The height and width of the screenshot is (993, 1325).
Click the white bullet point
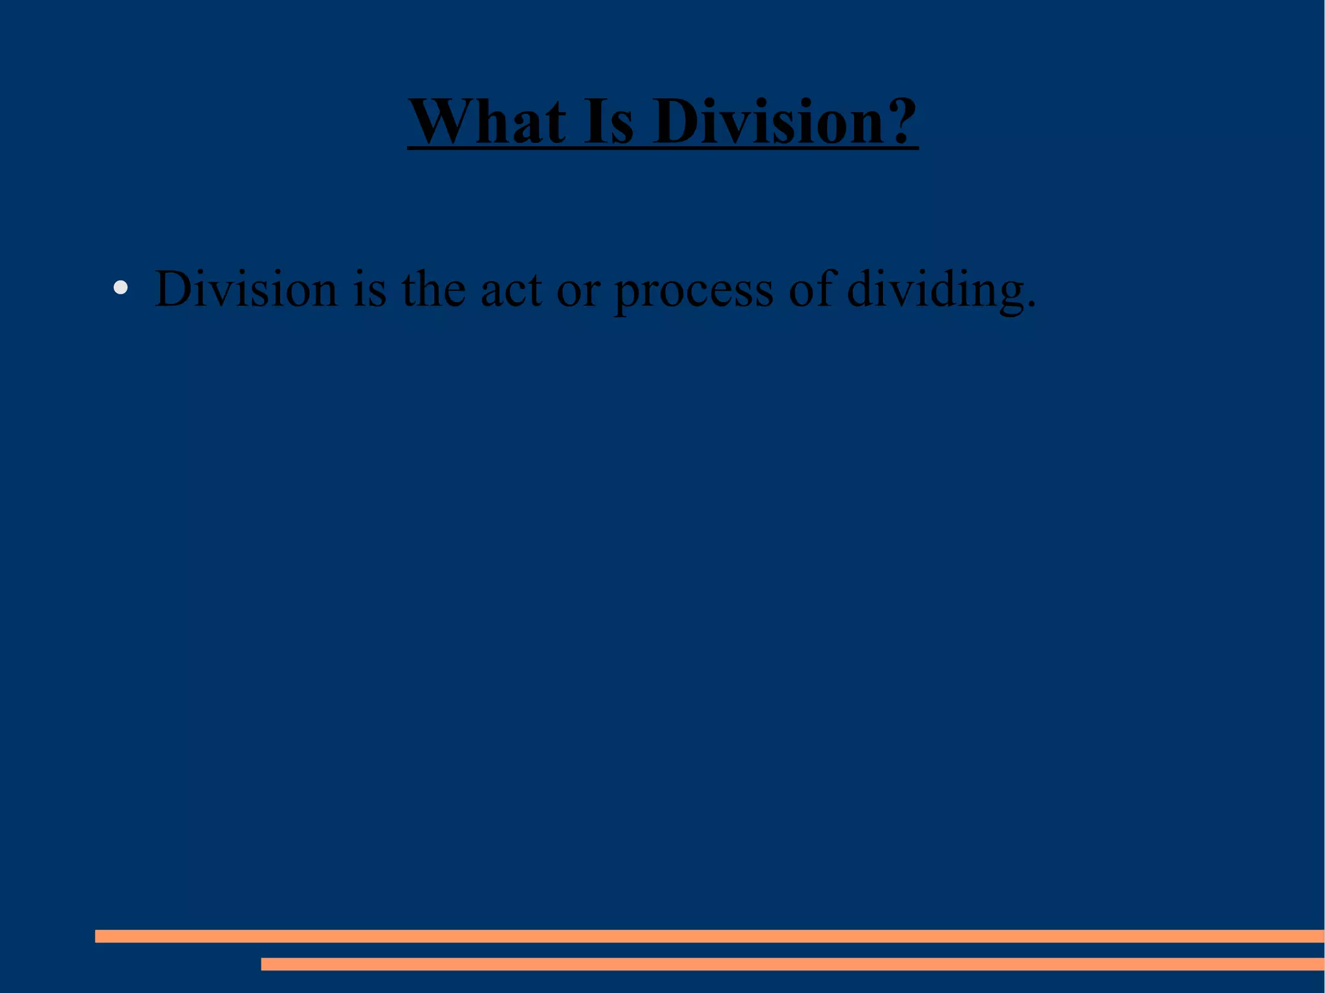click(x=120, y=287)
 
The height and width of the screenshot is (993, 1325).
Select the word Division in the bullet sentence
click(x=246, y=289)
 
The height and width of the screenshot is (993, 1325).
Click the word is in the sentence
click(x=370, y=289)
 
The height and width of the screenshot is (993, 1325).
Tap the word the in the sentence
click(x=433, y=289)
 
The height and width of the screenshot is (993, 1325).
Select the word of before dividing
click(x=811, y=289)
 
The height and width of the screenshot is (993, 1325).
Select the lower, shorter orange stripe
click(x=793, y=964)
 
